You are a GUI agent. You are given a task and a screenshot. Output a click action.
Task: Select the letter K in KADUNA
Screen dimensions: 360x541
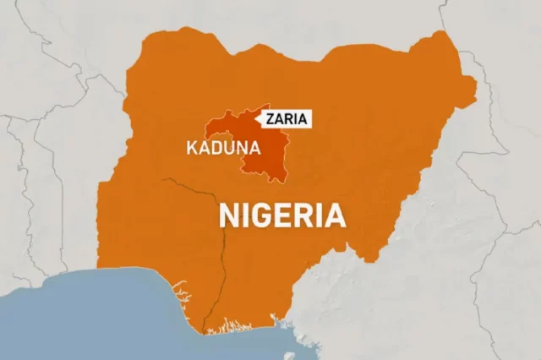click(x=191, y=149)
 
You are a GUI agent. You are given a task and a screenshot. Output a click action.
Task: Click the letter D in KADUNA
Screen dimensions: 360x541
click(x=217, y=149)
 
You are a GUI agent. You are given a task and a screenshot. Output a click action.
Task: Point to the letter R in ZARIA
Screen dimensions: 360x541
click(x=290, y=119)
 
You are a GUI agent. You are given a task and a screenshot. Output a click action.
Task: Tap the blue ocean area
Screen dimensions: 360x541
click(x=85, y=325)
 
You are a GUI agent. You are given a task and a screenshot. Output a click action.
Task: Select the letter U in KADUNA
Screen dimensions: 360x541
click(x=230, y=149)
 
